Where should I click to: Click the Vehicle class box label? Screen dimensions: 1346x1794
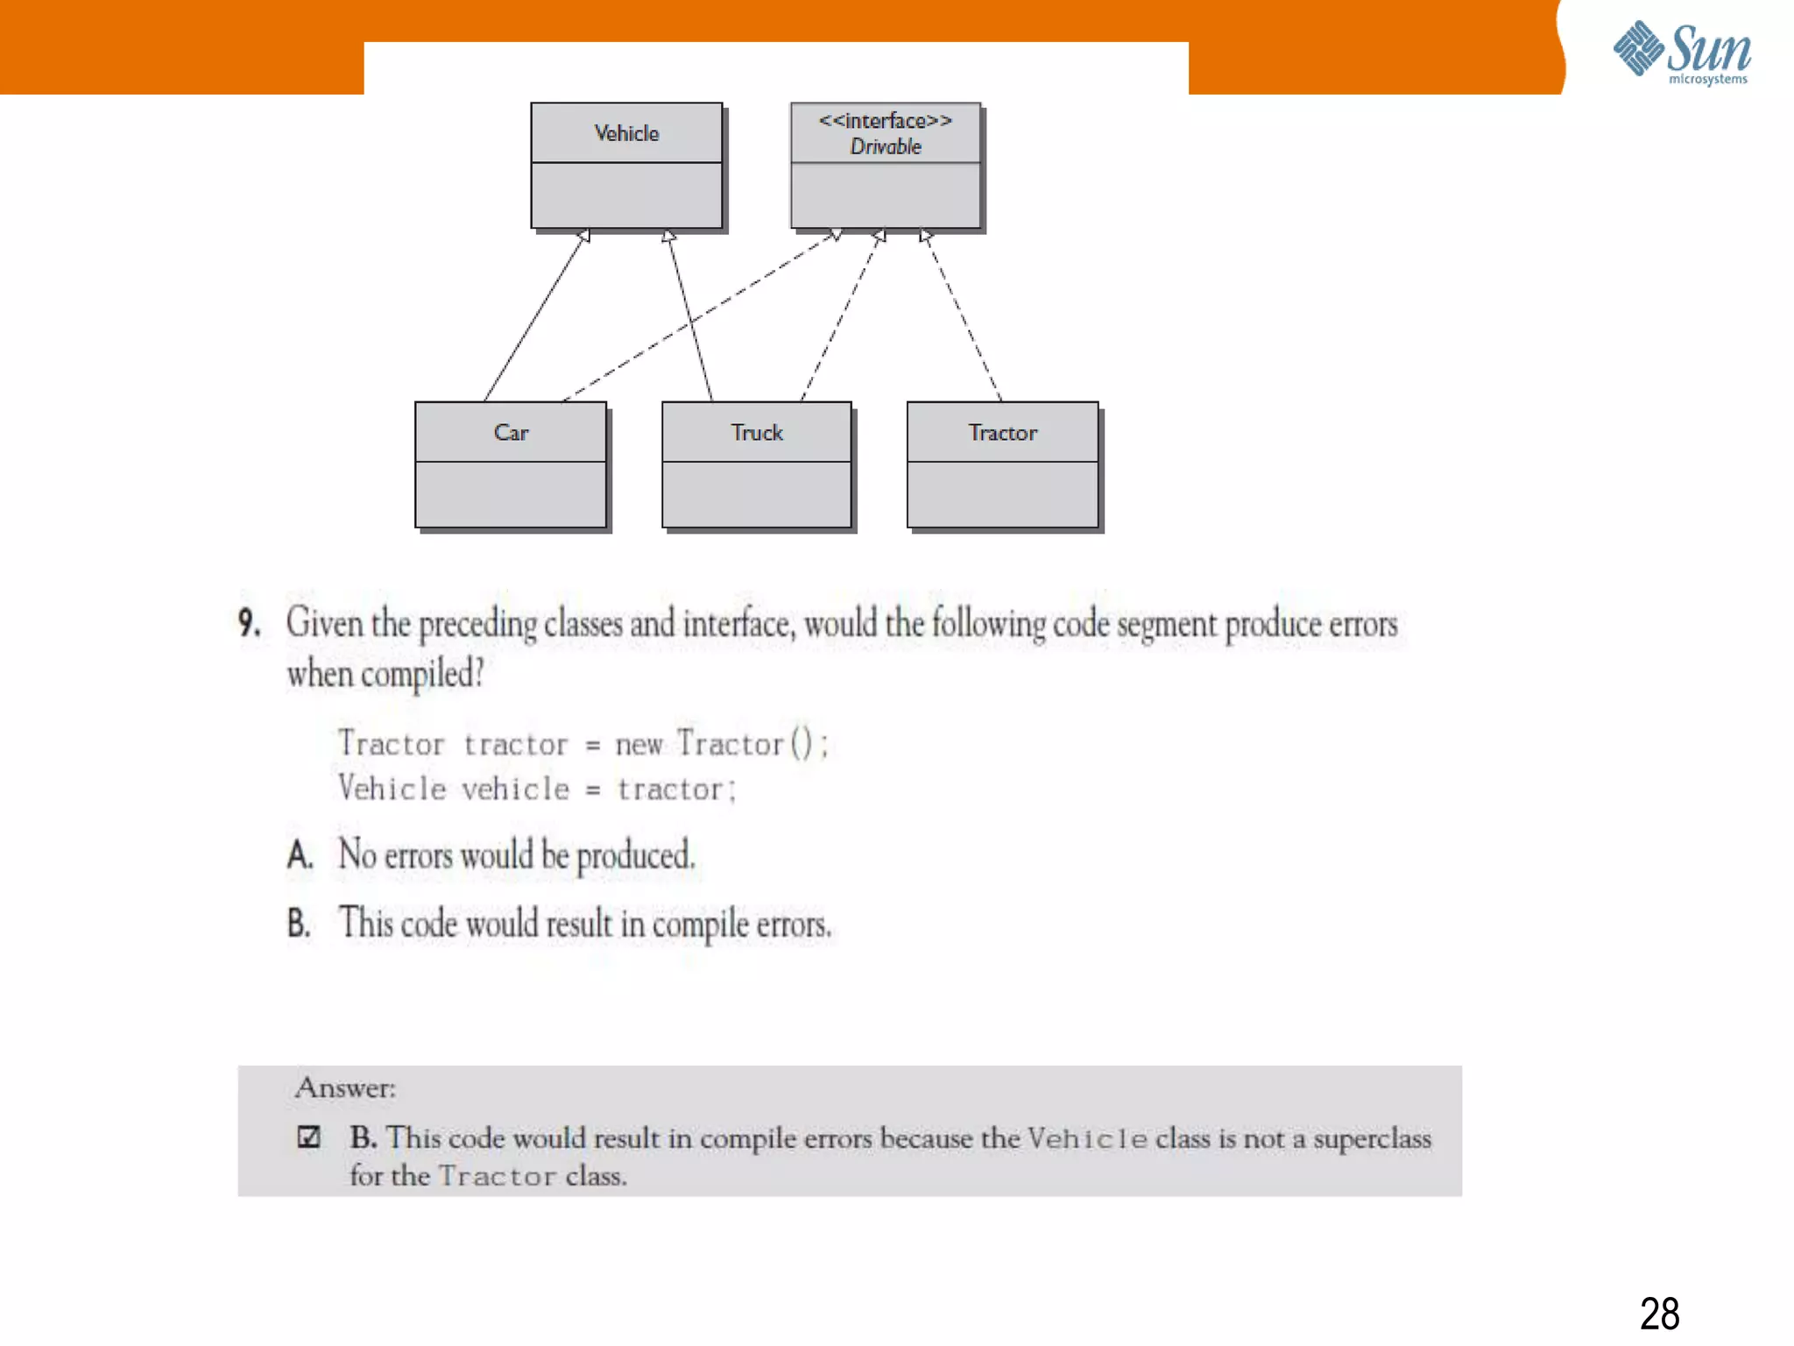[x=626, y=133]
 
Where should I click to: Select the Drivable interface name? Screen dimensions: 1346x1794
[x=886, y=147]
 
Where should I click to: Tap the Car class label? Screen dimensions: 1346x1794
[x=511, y=433]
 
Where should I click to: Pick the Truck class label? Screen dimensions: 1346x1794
[x=757, y=433]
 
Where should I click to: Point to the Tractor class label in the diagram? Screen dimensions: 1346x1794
[x=1002, y=433]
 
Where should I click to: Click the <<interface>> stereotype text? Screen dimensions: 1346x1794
[x=886, y=121]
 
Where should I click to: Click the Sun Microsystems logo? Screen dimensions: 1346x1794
[x=1682, y=53]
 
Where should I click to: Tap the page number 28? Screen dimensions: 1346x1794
[x=1659, y=1314]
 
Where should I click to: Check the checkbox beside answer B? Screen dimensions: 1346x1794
[x=308, y=1137]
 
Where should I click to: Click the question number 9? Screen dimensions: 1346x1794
[x=249, y=623]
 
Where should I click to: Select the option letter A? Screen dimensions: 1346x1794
[x=300, y=855]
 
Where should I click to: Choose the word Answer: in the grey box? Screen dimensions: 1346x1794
[x=345, y=1088]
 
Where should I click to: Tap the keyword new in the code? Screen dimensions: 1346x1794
[x=639, y=745]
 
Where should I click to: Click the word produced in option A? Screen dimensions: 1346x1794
[x=635, y=855]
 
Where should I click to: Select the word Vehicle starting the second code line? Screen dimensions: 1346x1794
[x=392, y=789]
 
